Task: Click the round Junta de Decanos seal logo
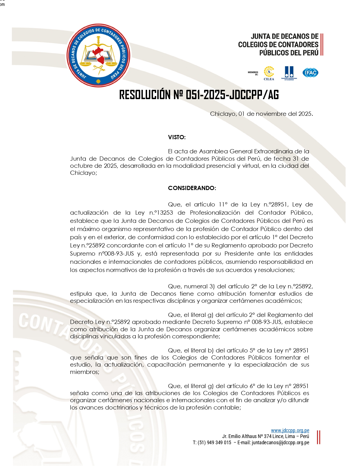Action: coord(98,56)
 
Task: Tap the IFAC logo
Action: coord(310,73)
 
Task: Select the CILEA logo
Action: coord(269,73)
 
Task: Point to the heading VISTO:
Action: coord(177,137)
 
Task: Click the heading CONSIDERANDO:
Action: coord(192,188)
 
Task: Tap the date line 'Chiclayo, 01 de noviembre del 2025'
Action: coord(261,114)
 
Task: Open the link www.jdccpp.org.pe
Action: coord(290,430)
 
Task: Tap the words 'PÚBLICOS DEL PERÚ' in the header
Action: coord(289,53)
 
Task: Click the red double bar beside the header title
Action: coord(322,45)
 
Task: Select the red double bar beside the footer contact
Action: coord(318,437)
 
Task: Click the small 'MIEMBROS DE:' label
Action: coord(253,73)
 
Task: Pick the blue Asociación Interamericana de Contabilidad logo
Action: coord(289,73)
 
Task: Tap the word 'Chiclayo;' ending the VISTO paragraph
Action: coord(84,173)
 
